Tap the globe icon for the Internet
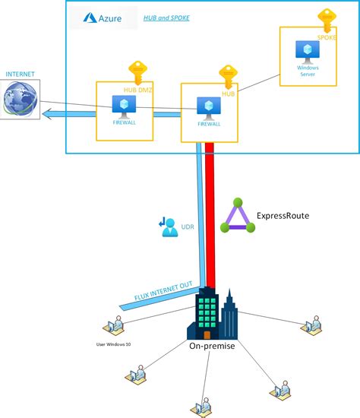(x=21, y=100)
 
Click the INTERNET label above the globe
(x=20, y=74)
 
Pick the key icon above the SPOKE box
(x=327, y=19)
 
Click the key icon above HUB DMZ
(x=137, y=71)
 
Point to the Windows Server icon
(x=308, y=50)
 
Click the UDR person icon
(x=169, y=226)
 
